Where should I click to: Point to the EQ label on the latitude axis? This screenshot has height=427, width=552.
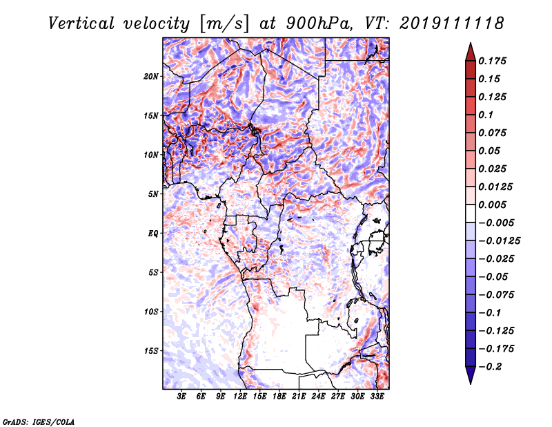point(153,234)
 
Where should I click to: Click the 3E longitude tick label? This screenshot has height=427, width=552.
point(182,397)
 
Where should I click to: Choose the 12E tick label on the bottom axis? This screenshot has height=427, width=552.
point(241,397)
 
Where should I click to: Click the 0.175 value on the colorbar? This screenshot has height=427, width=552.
point(493,61)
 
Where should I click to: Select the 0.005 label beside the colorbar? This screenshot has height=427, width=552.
point(493,205)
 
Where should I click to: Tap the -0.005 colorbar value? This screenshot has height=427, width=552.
point(496,222)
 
